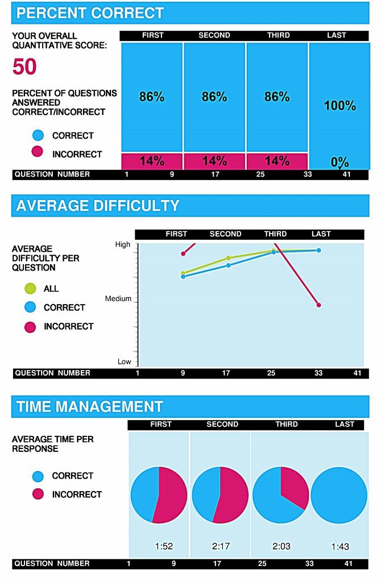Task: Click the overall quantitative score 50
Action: point(24,67)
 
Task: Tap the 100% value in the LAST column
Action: point(340,105)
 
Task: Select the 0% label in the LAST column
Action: point(340,162)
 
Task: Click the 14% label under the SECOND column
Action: point(214,161)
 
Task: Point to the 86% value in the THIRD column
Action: point(277,97)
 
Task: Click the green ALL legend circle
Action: point(31,289)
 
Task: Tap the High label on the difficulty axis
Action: point(123,244)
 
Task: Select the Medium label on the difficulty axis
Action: point(118,298)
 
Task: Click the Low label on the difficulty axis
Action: point(124,361)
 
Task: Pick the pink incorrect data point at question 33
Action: point(318,305)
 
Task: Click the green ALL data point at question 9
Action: point(183,273)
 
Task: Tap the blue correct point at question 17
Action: point(229,265)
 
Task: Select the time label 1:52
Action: point(164,546)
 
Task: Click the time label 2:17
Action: point(221,546)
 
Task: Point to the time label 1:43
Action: point(340,547)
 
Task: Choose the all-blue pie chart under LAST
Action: point(339,495)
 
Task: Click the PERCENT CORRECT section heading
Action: point(90,13)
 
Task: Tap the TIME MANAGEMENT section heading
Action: point(90,407)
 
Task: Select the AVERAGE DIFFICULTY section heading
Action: point(98,206)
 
